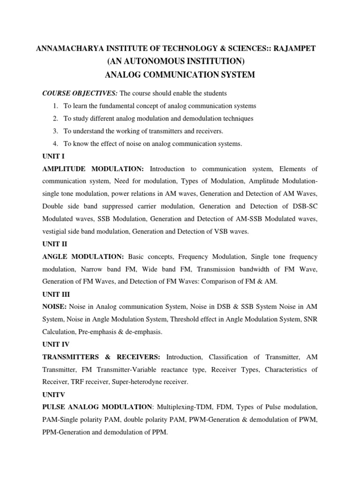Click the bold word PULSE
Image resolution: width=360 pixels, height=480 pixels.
53,407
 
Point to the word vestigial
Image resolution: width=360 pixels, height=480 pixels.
56,232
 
